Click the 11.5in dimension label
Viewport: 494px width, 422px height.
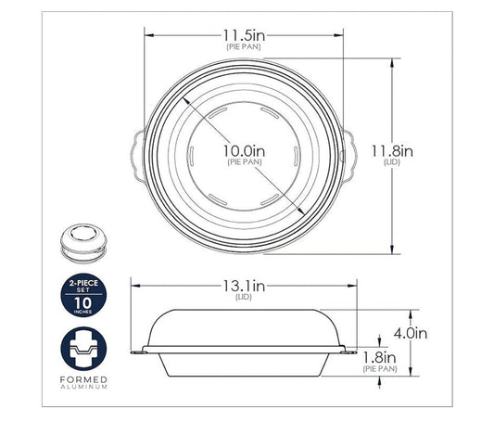click(245, 32)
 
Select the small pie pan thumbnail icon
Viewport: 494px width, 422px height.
click(81, 238)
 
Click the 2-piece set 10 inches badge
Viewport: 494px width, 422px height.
click(81, 295)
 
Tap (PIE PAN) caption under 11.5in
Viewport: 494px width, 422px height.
click(245, 45)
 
